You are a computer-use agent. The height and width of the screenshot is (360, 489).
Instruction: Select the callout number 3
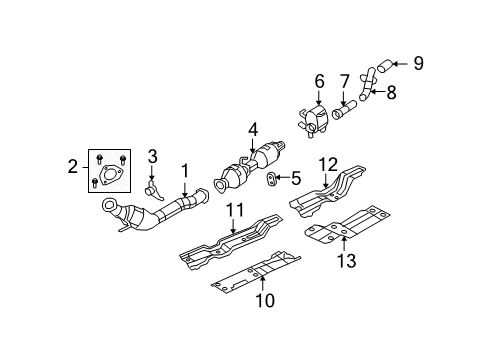click(x=152, y=156)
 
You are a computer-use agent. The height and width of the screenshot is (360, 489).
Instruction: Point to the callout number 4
click(x=254, y=128)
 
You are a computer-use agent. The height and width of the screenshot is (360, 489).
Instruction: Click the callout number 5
click(x=295, y=179)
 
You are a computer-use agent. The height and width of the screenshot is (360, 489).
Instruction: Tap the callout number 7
click(x=346, y=82)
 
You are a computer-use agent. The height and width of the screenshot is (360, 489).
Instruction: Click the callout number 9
click(x=419, y=63)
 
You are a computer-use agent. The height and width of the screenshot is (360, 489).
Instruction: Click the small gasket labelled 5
click(x=272, y=180)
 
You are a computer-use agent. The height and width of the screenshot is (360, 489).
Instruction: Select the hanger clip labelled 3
click(x=151, y=186)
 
